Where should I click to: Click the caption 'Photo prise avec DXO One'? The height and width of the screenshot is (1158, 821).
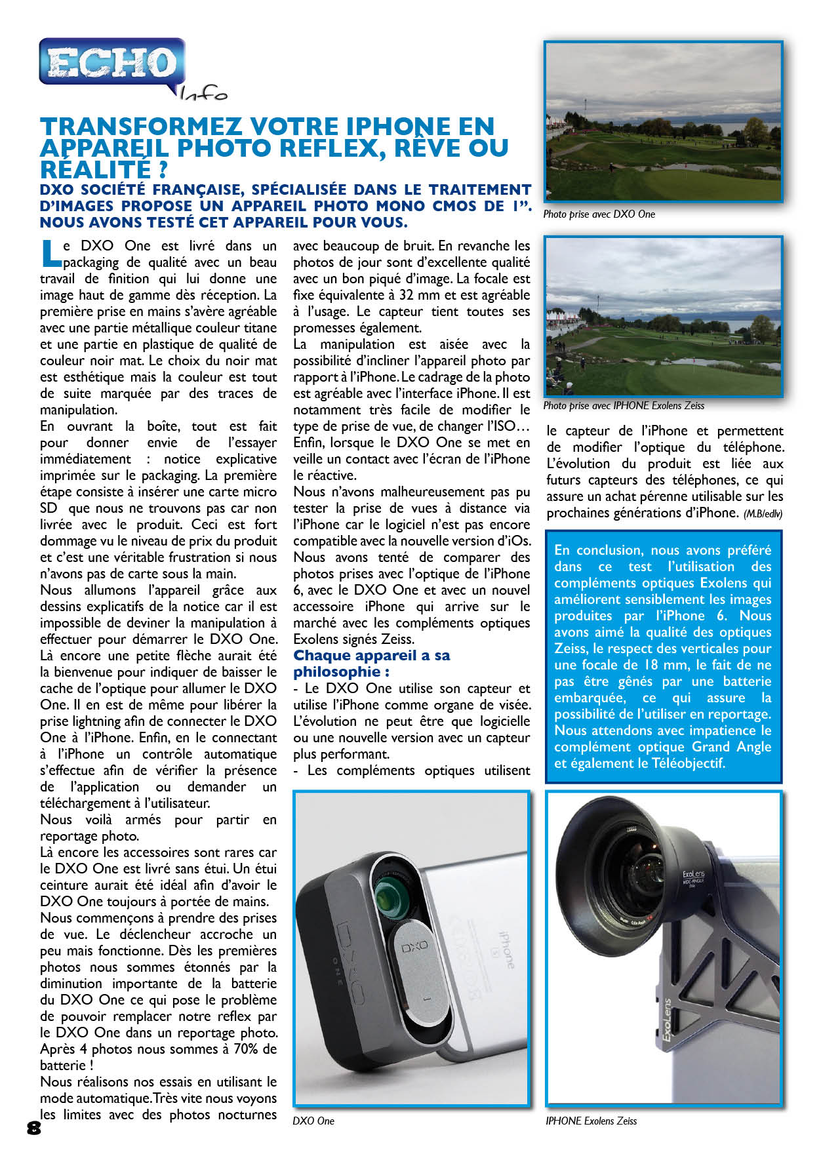(599, 214)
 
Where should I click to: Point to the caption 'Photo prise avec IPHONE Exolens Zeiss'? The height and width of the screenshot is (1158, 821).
(624, 406)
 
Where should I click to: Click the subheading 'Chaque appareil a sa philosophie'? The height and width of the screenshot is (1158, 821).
(371, 664)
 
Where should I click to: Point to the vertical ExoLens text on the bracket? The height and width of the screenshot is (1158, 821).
(667, 1020)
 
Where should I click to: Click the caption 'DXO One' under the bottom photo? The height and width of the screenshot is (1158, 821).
(313, 1121)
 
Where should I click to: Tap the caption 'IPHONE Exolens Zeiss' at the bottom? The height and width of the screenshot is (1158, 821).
(591, 1121)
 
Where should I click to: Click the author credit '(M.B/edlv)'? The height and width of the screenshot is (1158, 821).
(763, 514)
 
